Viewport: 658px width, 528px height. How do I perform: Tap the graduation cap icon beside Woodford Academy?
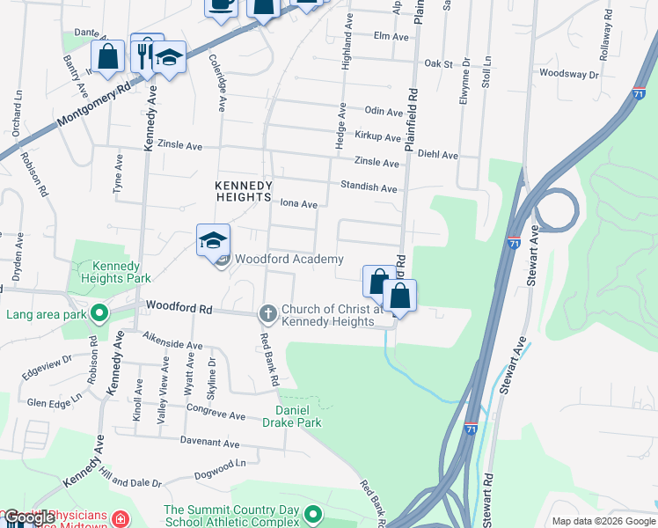tap(213, 240)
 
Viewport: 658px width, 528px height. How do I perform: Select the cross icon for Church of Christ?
tap(268, 313)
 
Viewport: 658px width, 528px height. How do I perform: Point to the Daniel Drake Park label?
tap(298, 416)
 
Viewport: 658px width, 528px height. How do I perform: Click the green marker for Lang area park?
tap(99, 313)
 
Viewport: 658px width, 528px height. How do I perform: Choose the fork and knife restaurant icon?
tap(144, 55)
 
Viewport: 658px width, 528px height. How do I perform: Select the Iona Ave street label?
tap(298, 203)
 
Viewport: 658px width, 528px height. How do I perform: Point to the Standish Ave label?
tap(369, 187)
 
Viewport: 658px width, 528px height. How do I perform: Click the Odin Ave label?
tap(383, 110)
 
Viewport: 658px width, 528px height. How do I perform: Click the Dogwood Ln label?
tap(215, 467)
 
